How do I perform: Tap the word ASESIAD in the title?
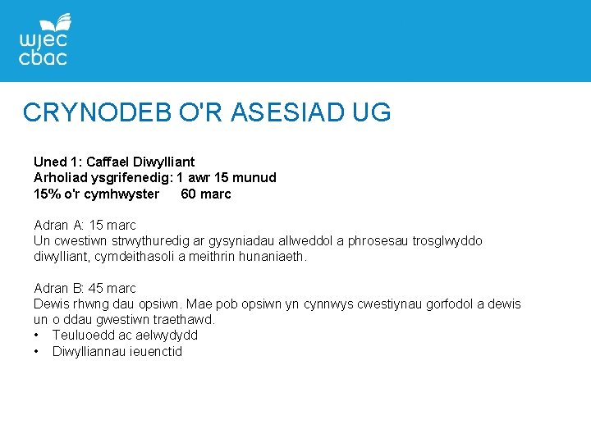279,112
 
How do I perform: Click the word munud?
255,178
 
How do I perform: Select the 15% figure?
46,194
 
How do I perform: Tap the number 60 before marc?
188,194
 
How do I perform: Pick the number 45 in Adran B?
99,289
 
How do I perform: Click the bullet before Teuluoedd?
38,336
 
